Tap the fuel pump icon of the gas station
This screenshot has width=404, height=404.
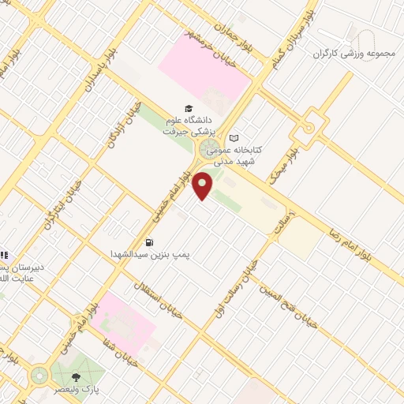[x=149, y=242]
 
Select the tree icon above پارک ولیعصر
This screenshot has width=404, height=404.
[x=76, y=377]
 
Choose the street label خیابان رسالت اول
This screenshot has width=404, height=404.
[x=235, y=289]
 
